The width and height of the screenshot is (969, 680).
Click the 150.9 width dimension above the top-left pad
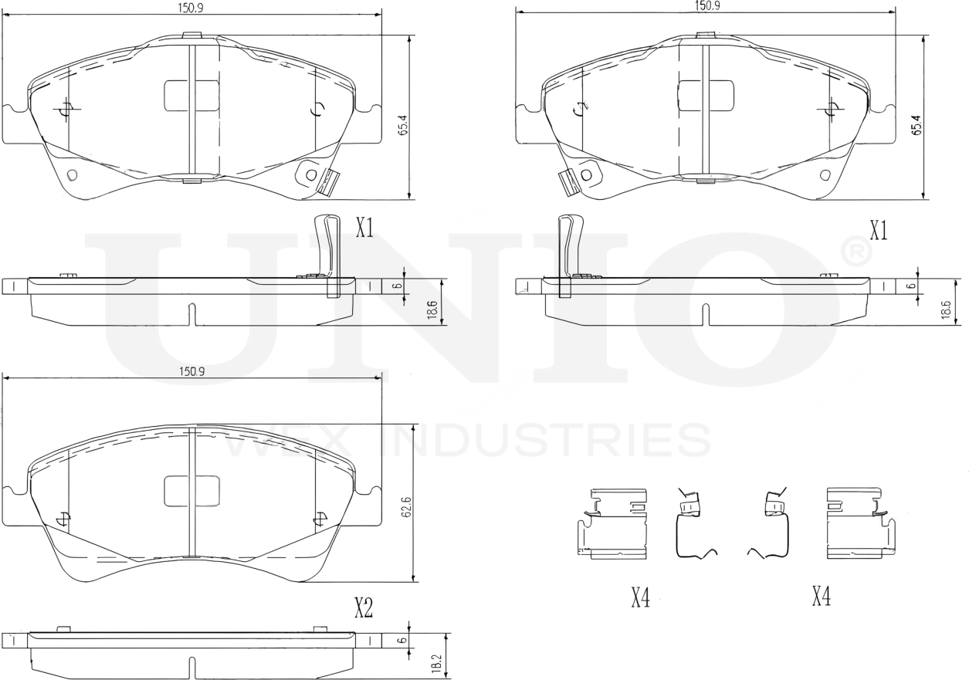[191, 7]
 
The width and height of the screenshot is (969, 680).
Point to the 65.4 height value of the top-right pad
[916, 125]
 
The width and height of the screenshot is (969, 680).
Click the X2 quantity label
[363, 609]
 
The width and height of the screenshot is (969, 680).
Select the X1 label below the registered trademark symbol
[878, 230]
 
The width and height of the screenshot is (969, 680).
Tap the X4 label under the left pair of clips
[640, 597]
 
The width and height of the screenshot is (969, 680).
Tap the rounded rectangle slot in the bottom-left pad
[191, 491]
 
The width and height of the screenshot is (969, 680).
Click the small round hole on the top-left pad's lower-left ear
[73, 174]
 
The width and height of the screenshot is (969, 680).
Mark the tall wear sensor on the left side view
[329, 255]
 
